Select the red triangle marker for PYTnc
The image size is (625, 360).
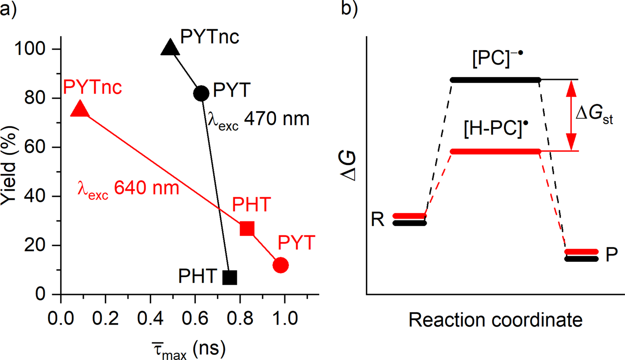[x=80, y=109]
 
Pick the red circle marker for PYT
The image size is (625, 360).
[x=281, y=265]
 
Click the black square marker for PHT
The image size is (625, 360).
[x=230, y=277]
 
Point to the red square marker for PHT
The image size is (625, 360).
[x=247, y=229]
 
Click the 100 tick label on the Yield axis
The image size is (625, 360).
[x=35, y=49]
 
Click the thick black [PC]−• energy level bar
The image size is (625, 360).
[x=495, y=80]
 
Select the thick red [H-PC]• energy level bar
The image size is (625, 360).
[x=495, y=151]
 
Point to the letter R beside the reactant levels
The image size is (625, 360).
[x=377, y=220]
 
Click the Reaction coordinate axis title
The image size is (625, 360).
[x=496, y=320]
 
